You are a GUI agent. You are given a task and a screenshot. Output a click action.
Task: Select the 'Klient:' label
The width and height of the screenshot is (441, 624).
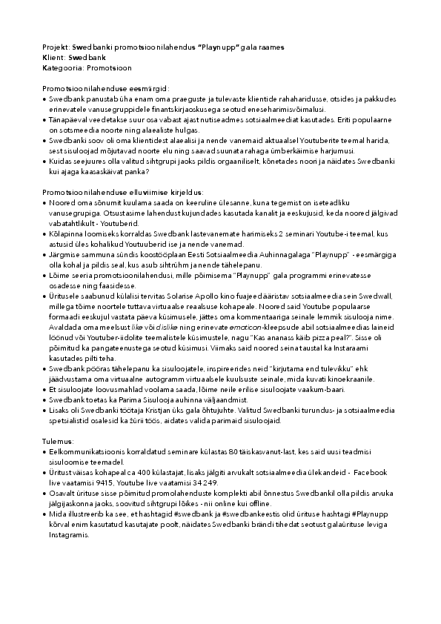[53, 57]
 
